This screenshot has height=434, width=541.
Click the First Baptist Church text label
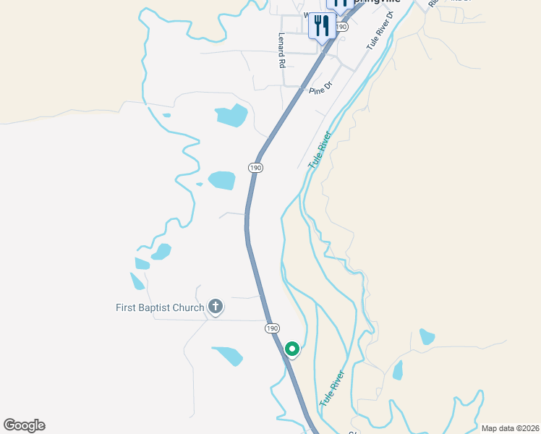[x=160, y=307]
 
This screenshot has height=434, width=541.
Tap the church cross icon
[x=215, y=307]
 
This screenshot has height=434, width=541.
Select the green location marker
[x=292, y=349]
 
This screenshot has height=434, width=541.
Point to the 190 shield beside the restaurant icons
[x=342, y=26]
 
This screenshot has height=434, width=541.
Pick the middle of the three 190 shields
[x=255, y=167]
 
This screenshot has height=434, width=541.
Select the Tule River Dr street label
[x=381, y=30]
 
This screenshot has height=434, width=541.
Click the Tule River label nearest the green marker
[x=331, y=388]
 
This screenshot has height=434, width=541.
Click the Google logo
[x=24, y=425]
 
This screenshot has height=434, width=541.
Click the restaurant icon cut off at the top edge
[x=341, y=4]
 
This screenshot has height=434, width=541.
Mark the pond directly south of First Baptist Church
[x=228, y=355]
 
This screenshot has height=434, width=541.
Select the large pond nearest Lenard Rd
[x=231, y=115]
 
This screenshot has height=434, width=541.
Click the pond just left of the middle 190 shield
[x=221, y=180]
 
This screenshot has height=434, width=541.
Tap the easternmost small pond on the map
[x=427, y=336]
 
